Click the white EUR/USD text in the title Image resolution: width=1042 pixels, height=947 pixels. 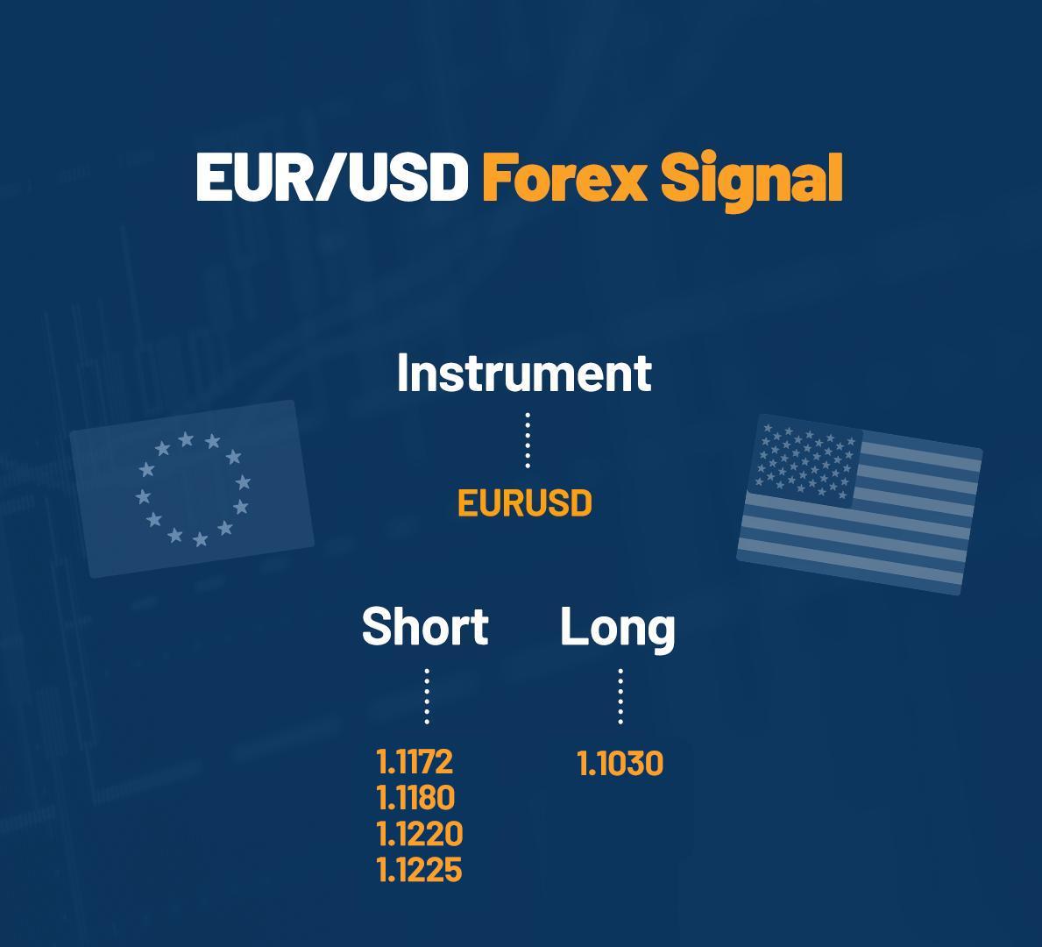331,176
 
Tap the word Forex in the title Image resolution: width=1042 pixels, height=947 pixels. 564,176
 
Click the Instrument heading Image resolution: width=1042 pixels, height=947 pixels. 524,373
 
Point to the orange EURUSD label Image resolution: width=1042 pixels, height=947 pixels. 525,504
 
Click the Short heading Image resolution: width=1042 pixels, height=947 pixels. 425,627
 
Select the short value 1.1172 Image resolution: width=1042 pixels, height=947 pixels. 415,762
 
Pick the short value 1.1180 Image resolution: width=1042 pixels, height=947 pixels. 415,798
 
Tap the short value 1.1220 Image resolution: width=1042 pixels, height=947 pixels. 419,834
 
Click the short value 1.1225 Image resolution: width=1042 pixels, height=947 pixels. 419,870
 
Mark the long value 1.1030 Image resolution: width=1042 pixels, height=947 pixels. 620,764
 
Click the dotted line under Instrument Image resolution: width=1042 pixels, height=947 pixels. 528,440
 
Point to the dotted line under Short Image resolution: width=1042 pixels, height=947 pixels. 427,696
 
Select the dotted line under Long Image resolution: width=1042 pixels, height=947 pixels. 620,696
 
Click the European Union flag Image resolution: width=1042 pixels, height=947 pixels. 192,488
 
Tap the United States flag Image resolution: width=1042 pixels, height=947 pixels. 860,504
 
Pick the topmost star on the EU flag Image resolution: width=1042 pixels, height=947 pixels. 186,438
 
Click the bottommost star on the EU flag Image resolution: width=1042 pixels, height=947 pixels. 200,539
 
